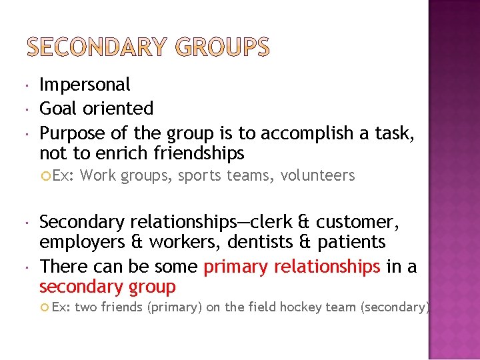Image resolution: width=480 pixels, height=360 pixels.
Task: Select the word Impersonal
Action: [x=85, y=85]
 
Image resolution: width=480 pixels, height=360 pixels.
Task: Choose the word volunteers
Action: [x=317, y=175]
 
